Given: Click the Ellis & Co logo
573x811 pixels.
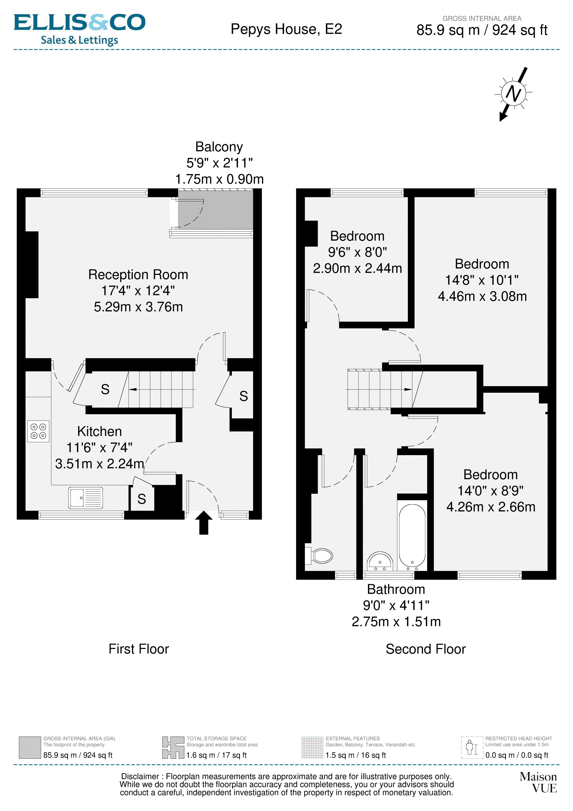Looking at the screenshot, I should (x=80, y=30).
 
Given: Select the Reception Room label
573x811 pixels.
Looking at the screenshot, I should (x=138, y=275).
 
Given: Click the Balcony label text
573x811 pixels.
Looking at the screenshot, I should (x=219, y=147).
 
